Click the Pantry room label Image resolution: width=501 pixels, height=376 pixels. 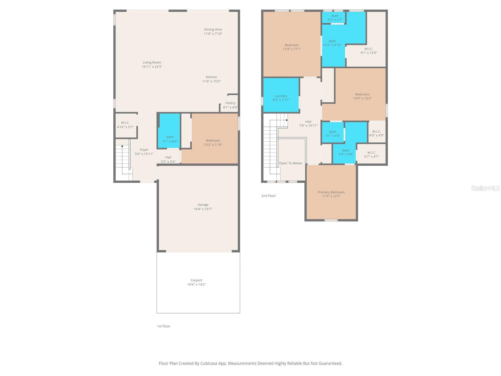pos(230,103)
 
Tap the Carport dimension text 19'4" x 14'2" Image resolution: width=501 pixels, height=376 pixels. pos(196,285)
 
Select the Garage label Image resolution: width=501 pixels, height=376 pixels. pos(203,205)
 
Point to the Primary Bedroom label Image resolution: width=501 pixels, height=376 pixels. pos(331,192)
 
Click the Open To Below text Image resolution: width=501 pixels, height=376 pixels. pos(291,163)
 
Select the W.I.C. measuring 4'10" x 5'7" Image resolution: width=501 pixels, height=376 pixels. pos(125,125)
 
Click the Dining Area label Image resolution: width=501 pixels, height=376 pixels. pos(213,29)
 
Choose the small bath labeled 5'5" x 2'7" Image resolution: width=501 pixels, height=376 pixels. pos(335,18)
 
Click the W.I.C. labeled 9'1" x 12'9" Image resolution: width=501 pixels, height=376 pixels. pos(369,51)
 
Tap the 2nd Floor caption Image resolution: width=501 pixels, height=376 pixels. pos(269,196)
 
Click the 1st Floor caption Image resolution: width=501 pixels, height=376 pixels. pos(163,326)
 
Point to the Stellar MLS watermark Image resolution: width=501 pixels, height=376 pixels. pos(485,188)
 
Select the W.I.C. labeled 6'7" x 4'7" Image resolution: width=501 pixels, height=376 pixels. pos(371,154)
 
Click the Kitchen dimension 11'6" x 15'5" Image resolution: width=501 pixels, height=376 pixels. pos(211,81)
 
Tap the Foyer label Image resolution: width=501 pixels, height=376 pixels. pos(144,150)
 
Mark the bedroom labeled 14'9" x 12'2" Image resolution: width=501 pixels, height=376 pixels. pos(362,96)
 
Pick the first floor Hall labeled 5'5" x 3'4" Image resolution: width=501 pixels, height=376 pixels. pos(168,159)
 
